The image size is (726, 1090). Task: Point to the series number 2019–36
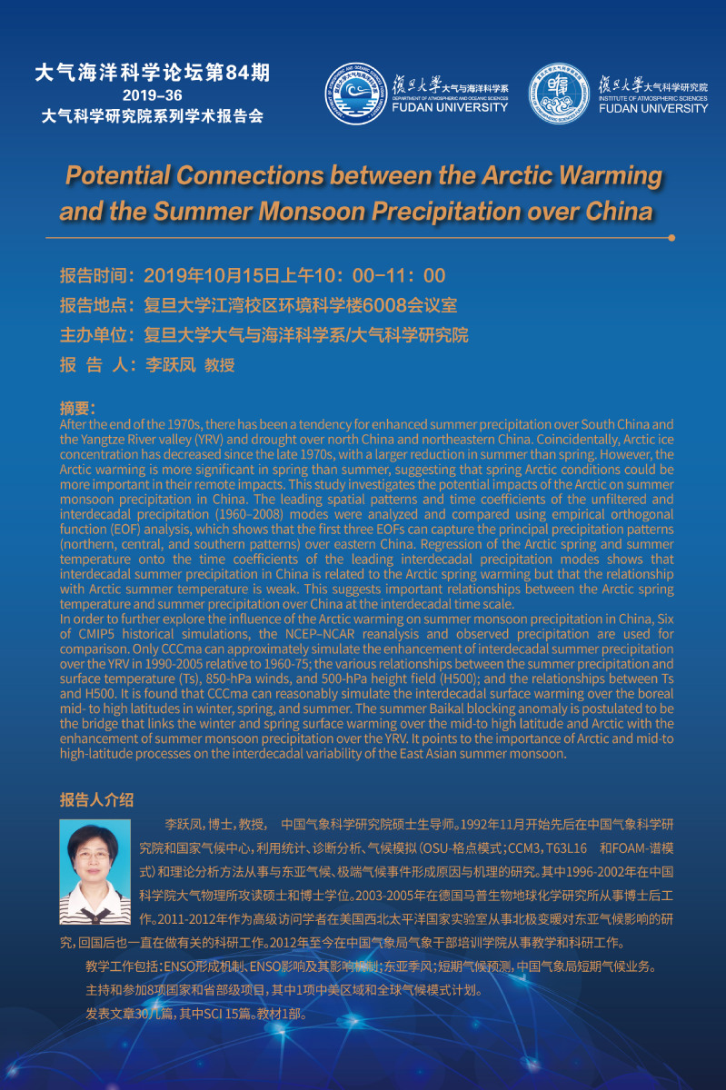[x=153, y=95]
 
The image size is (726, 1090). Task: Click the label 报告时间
[x=96, y=276]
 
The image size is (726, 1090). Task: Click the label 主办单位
[x=96, y=335]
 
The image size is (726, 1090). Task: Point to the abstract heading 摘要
[x=77, y=409]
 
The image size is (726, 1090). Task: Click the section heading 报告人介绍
[x=96, y=799]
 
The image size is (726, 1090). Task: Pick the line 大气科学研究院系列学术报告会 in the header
[x=153, y=116]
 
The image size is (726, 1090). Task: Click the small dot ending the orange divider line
[x=671, y=238]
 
